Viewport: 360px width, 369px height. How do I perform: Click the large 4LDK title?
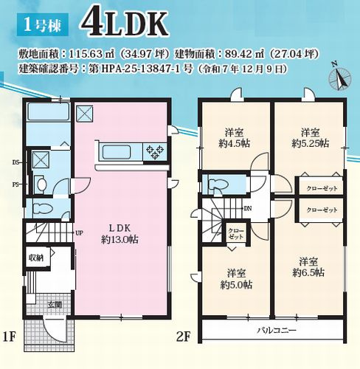point(125,23)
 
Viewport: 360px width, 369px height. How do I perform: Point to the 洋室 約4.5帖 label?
point(235,138)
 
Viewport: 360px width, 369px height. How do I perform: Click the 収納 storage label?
point(36,258)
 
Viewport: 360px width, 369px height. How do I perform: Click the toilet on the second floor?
point(218,183)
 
